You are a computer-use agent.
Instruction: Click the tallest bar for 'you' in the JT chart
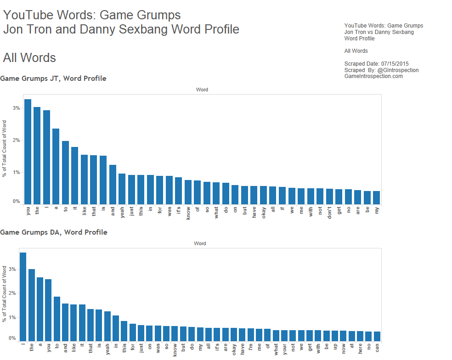[x=28, y=152]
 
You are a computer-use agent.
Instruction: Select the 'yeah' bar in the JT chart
[x=122, y=189]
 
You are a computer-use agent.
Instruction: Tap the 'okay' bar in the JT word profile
[x=263, y=195]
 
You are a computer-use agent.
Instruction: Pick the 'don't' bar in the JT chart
[x=329, y=197]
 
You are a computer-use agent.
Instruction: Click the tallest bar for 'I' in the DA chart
[x=23, y=297]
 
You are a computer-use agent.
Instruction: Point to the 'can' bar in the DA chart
[x=377, y=336]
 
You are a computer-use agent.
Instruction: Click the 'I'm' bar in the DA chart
[x=250, y=335]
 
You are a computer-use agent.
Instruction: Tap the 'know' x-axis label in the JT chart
[x=188, y=214]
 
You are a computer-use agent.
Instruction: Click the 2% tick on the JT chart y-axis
[x=17, y=141]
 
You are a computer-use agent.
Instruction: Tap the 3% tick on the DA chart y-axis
[x=13, y=269]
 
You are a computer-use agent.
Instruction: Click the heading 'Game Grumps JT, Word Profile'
[x=53, y=79]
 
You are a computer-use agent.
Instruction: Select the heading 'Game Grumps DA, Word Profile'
[x=54, y=232]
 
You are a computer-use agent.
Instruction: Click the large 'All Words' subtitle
[x=29, y=58]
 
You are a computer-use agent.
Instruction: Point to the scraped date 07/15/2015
[x=395, y=64]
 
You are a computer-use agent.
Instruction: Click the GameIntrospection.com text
[x=373, y=76]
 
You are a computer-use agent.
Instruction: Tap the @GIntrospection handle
[x=398, y=70]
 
